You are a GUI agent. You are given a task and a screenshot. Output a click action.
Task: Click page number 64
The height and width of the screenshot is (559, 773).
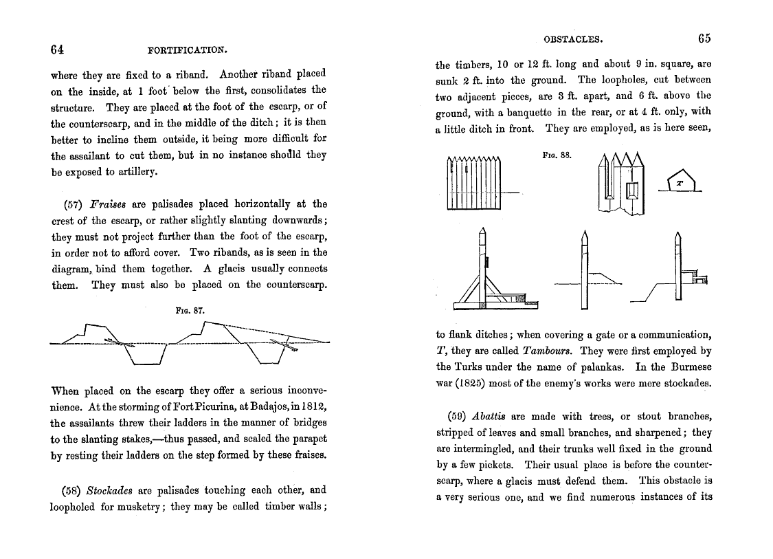click(x=57, y=49)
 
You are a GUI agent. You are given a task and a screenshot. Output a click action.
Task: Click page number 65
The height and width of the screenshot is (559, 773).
click(x=704, y=39)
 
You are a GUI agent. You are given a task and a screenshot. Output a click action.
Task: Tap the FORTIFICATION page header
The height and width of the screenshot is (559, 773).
click(x=188, y=50)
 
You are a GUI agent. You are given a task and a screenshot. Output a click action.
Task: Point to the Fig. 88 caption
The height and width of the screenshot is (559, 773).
click(x=557, y=156)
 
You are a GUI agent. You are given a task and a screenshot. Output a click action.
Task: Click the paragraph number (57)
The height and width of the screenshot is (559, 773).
click(x=67, y=204)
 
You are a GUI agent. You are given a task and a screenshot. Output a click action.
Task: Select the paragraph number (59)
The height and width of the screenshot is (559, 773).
click(x=451, y=417)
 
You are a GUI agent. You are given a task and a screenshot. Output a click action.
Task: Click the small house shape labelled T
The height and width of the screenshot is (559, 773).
click(x=680, y=182)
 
